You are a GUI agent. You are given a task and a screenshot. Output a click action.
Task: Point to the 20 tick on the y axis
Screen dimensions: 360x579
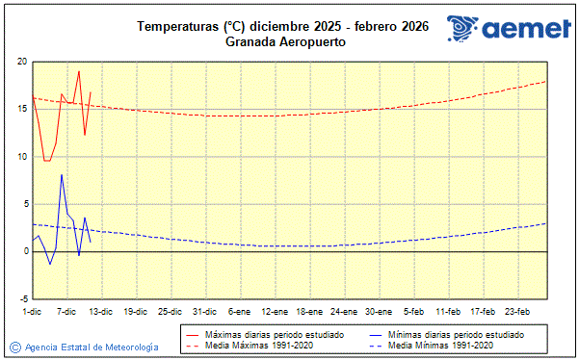click(21, 62)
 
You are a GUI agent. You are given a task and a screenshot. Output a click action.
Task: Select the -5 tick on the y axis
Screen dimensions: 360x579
click(22, 298)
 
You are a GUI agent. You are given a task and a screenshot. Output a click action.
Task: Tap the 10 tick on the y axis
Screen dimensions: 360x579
click(21, 156)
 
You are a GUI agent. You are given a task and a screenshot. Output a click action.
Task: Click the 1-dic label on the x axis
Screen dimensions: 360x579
click(32, 311)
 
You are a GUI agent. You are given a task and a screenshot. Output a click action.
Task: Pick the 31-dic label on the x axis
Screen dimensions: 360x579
click(203, 311)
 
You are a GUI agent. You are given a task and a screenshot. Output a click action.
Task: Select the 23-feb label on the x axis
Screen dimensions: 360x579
click(517, 311)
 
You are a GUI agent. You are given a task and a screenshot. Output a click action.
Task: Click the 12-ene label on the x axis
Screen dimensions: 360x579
click(275, 311)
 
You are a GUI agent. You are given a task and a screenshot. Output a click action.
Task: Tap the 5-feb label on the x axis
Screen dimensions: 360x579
click(414, 311)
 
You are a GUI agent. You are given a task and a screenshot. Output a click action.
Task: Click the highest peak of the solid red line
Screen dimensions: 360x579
click(79, 71)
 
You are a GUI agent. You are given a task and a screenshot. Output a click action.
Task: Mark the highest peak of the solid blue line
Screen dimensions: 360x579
click(62, 174)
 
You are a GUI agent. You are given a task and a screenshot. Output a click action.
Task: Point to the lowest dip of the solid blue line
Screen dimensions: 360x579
click(50, 264)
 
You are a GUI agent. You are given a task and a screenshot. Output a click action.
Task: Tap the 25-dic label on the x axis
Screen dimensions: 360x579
click(170, 311)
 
